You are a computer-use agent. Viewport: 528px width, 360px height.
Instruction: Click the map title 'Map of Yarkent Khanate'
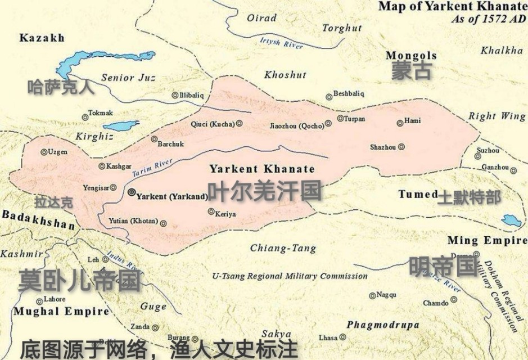click(x=452, y=7)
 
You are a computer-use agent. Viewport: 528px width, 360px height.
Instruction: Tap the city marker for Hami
click(x=400, y=123)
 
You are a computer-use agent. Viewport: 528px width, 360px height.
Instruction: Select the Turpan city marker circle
click(x=340, y=119)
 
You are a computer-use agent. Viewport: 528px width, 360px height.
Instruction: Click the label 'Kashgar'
click(x=119, y=166)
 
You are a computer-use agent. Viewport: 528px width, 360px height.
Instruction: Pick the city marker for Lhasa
click(x=342, y=337)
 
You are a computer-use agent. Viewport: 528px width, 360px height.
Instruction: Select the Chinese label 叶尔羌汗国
click(x=264, y=192)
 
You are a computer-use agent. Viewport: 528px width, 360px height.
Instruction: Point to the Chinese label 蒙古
click(x=412, y=71)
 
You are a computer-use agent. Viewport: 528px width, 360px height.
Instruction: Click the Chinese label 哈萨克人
click(x=61, y=87)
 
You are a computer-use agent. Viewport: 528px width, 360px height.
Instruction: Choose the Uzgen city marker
click(x=43, y=152)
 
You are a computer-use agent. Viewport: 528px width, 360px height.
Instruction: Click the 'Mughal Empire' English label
click(x=61, y=311)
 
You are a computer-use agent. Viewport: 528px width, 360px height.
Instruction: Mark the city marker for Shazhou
click(x=401, y=147)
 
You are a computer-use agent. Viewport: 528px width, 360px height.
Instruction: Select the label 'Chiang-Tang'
click(x=283, y=248)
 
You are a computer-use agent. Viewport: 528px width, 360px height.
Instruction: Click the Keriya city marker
click(x=211, y=212)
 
